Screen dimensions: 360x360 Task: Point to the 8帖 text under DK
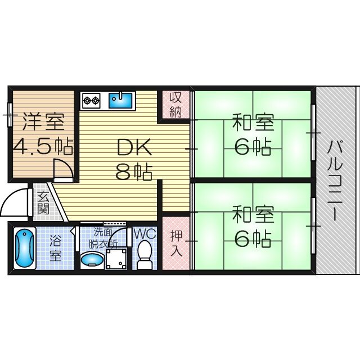coord(133,172)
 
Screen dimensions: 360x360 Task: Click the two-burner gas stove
coord(91,101)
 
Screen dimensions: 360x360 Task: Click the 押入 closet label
coord(175,242)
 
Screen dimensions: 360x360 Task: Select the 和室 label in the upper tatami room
coord(253,121)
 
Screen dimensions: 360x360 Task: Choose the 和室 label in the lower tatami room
coord(253,214)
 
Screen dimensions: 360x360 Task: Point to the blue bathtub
coord(24,248)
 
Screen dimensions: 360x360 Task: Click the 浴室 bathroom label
coord(56,248)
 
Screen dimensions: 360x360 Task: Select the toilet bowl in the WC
coord(145,254)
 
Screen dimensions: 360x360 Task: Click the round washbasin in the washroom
coord(91,260)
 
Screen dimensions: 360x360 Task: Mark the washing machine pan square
coord(117,258)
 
